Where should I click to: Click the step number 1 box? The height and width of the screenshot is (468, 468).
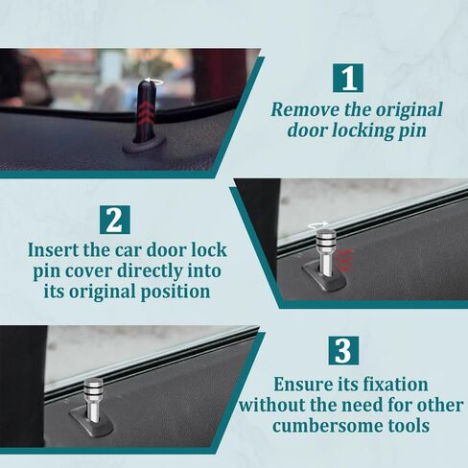click(348, 78)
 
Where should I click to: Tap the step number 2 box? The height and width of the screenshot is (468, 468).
click(115, 220)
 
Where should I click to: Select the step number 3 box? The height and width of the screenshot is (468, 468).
click(343, 351)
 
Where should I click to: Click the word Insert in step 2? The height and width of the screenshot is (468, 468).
click(53, 249)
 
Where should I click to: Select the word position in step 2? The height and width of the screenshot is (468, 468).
click(175, 292)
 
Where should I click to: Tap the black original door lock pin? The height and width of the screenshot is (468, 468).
click(146, 112)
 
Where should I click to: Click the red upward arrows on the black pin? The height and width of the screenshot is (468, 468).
click(145, 112)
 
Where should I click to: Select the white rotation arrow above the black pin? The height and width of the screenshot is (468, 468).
click(153, 82)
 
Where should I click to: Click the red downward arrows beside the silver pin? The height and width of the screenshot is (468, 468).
click(344, 260)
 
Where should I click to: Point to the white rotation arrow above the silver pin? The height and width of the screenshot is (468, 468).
click(317, 225)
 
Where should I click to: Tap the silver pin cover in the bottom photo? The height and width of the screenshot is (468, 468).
click(93, 399)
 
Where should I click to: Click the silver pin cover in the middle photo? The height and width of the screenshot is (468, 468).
click(325, 252)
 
